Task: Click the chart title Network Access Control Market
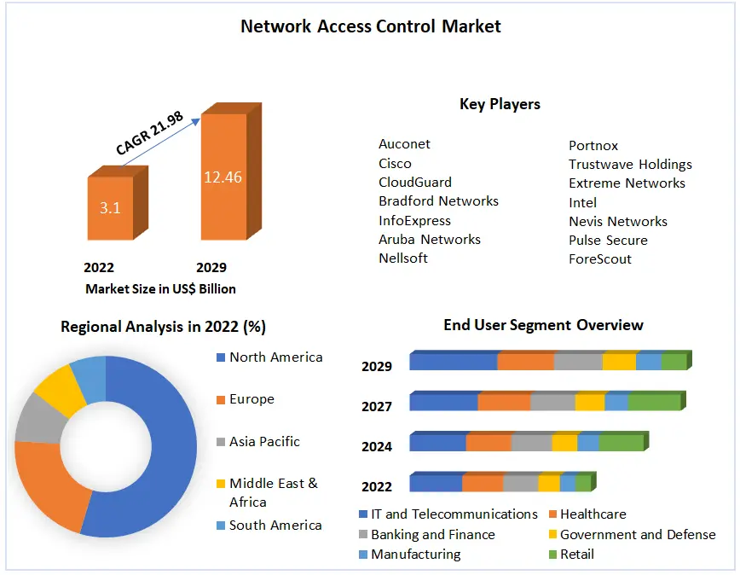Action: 370,26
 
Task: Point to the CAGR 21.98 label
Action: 149,134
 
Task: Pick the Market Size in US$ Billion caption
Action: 160,288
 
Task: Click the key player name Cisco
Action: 395,164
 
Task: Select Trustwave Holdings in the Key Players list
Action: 630,165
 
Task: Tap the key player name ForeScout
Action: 600,259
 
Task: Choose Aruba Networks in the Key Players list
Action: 430,240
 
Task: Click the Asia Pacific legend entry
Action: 264,442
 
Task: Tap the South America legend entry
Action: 275,526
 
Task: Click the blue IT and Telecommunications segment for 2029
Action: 453,362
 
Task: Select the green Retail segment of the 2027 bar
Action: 654,402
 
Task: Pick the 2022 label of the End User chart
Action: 377,486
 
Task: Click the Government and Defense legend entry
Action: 638,535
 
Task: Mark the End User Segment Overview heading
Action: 543,325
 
